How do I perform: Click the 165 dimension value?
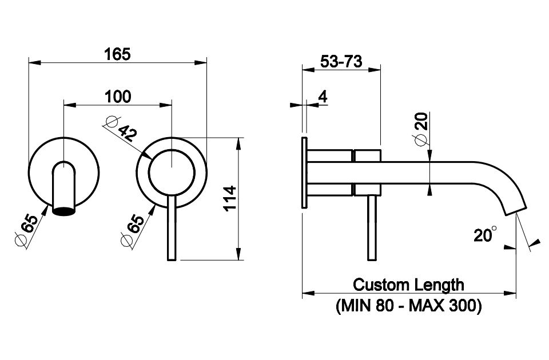pos(117,54)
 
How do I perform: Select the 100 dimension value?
pos(117,97)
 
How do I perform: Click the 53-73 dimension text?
pos(341,62)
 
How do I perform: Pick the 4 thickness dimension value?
pos(323,97)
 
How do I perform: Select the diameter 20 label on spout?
pos(421,129)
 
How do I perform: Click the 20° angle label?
pos(485,234)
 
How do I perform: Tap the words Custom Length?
pos(408,284)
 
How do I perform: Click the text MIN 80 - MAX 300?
pos(408,306)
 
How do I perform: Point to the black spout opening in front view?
pos(63,211)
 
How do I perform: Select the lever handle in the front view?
pos(171,229)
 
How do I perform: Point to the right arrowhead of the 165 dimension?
pos(202,62)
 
